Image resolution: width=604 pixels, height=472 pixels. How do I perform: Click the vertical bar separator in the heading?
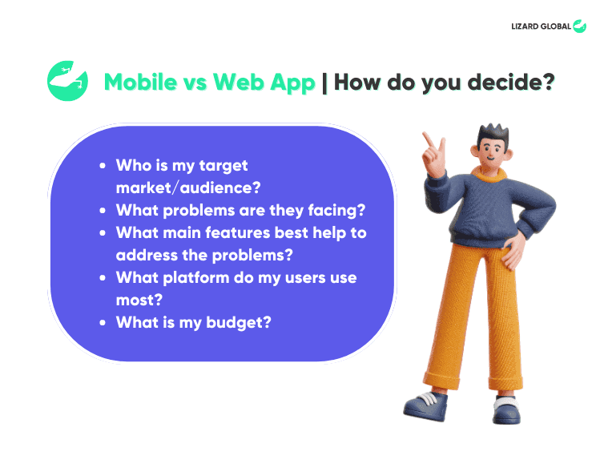tap(324, 83)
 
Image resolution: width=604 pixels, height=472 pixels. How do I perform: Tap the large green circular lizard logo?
tap(67, 81)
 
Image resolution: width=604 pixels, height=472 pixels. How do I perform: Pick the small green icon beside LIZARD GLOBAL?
tap(579, 26)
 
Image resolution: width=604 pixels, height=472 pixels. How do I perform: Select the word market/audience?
tap(189, 188)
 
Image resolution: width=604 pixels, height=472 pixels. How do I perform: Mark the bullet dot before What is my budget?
tap(102, 323)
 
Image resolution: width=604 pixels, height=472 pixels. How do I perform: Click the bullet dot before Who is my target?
tap(102, 167)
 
